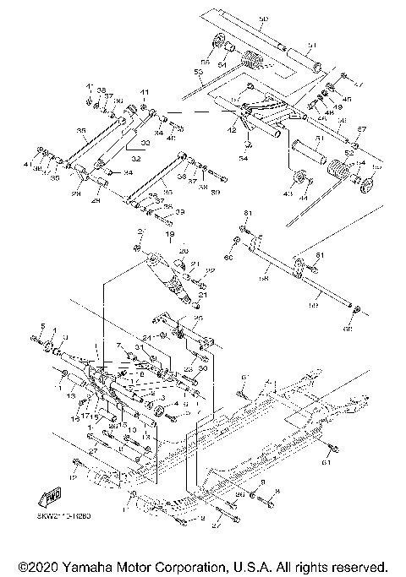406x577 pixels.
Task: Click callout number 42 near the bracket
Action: click(232, 131)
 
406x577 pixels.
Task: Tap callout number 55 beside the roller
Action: click(205, 61)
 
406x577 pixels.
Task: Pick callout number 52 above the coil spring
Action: click(348, 152)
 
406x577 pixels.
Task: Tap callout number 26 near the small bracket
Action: click(199, 318)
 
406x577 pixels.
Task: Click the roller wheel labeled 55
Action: click(218, 43)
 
